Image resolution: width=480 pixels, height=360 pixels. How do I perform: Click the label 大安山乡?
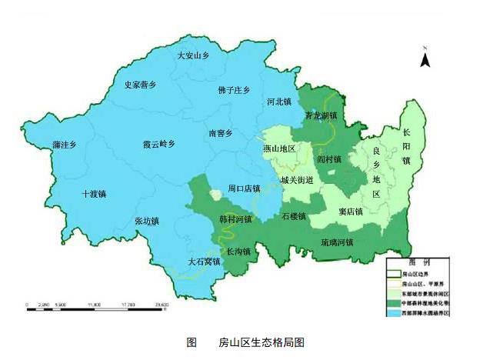pos(193,55)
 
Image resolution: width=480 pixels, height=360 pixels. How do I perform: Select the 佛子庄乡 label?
pos(234,90)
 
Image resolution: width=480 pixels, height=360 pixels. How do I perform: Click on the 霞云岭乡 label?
pos(159,144)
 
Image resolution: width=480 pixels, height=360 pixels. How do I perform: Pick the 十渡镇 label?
pos(94,194)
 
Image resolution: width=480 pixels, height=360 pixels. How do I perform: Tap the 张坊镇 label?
pos(146,221)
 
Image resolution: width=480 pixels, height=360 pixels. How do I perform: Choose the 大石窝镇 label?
pos(204,262)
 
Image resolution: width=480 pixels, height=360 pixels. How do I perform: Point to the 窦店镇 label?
pos(351,210)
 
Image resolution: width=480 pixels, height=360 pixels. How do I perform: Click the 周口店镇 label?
pos(244,188)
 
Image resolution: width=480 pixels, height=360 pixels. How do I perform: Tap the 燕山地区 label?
pos(279,148)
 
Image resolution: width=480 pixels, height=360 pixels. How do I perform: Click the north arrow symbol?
pos(424,55)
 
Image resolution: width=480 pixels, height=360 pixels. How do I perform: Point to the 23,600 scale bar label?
pos(162,306)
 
